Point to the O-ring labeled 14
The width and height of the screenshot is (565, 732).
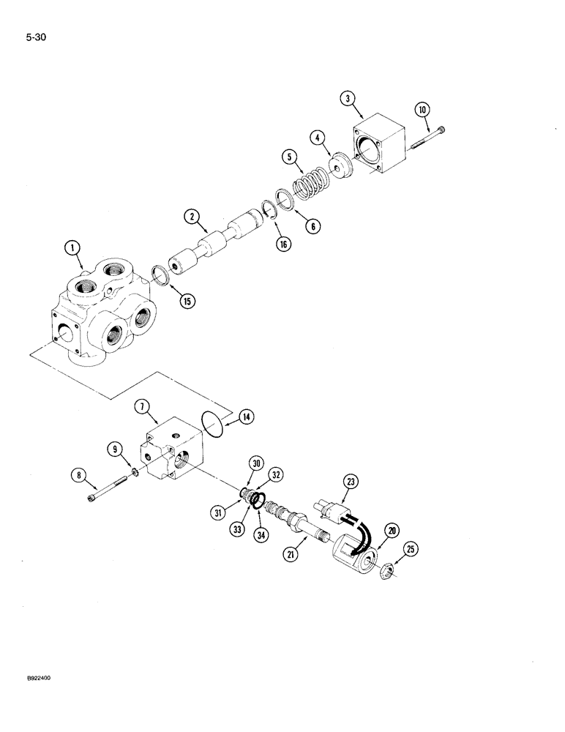[212, 427]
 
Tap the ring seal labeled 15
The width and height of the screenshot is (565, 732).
[162, 277]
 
